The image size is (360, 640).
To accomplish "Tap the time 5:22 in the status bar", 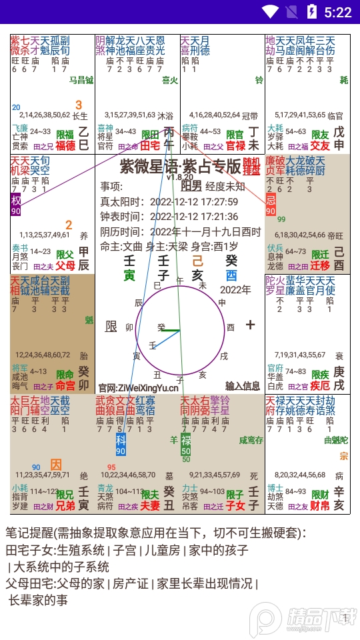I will coord(337,12).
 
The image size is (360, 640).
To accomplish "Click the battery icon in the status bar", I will coord(311,11).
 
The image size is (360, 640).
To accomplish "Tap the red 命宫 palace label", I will coord(65,385).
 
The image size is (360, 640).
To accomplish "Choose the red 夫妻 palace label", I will coord(150,506).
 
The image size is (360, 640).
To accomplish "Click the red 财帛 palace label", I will coord(321,506).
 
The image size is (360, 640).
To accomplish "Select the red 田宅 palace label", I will coord(150,145).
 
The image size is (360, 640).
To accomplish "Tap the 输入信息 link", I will coord(243,385).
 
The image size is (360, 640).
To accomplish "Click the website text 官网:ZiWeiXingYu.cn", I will coord(138,387).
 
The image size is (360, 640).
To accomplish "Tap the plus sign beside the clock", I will coord(251,325).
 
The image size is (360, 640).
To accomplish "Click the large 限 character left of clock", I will coord(111,326).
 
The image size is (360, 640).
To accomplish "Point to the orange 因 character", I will coord(57,465).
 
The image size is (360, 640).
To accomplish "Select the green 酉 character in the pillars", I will coord(231,275).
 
